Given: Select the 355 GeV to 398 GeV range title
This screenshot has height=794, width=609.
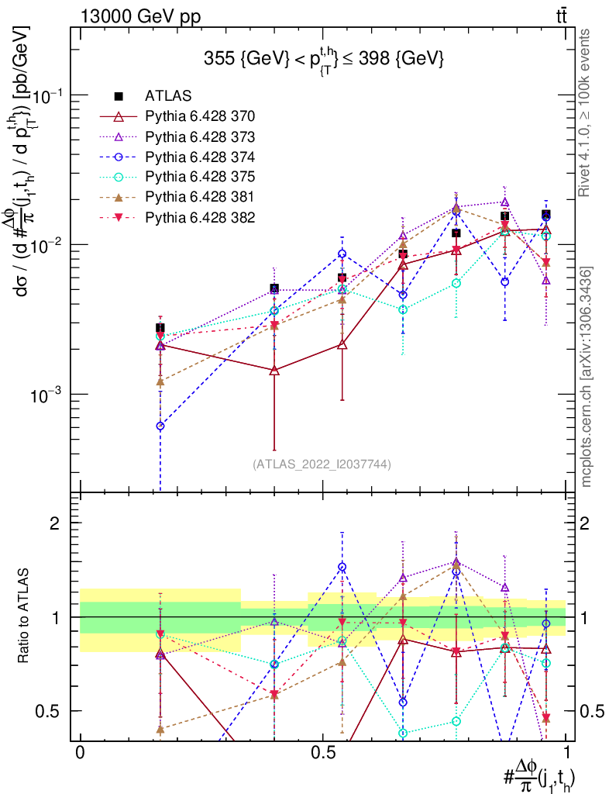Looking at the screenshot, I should click(x=323, y=58).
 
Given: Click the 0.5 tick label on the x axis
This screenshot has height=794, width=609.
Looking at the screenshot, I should click(x=322, y=753).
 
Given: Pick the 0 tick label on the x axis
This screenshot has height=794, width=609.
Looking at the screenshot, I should click(x=80, y=753).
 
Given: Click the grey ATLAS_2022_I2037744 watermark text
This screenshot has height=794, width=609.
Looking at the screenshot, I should click(x=322, y=464).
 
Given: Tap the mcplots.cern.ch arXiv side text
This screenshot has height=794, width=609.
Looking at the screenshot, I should click(x=587, y=376).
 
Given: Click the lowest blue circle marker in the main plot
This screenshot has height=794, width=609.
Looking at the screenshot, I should click(x=160, y=426).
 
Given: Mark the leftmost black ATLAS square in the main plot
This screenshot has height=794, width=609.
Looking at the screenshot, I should click(x=160, y=328).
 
